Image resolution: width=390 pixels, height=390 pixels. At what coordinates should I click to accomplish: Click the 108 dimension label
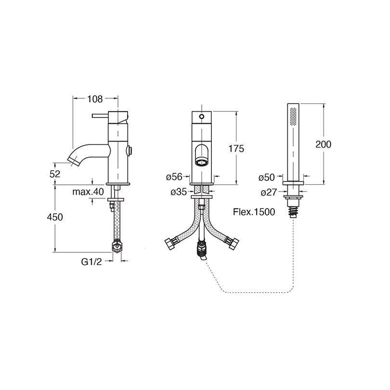point(95,99)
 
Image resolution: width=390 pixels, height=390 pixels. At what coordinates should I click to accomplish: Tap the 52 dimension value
point(55,174)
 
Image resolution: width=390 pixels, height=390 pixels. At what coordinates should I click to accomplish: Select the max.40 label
point(88,192)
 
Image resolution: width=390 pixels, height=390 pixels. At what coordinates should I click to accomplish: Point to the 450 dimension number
point(55,217)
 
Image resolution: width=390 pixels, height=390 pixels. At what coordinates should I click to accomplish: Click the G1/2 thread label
point(91,261)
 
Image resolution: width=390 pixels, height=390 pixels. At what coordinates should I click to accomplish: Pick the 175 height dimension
point(236,148)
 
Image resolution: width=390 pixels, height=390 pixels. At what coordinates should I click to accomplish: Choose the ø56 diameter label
point(174,177)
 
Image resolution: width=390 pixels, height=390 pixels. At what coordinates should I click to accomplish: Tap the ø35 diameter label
point(179,192)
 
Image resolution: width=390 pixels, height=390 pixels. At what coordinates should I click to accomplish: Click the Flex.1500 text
point(254,212)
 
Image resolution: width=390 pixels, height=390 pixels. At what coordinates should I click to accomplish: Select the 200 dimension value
point(324,144)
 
